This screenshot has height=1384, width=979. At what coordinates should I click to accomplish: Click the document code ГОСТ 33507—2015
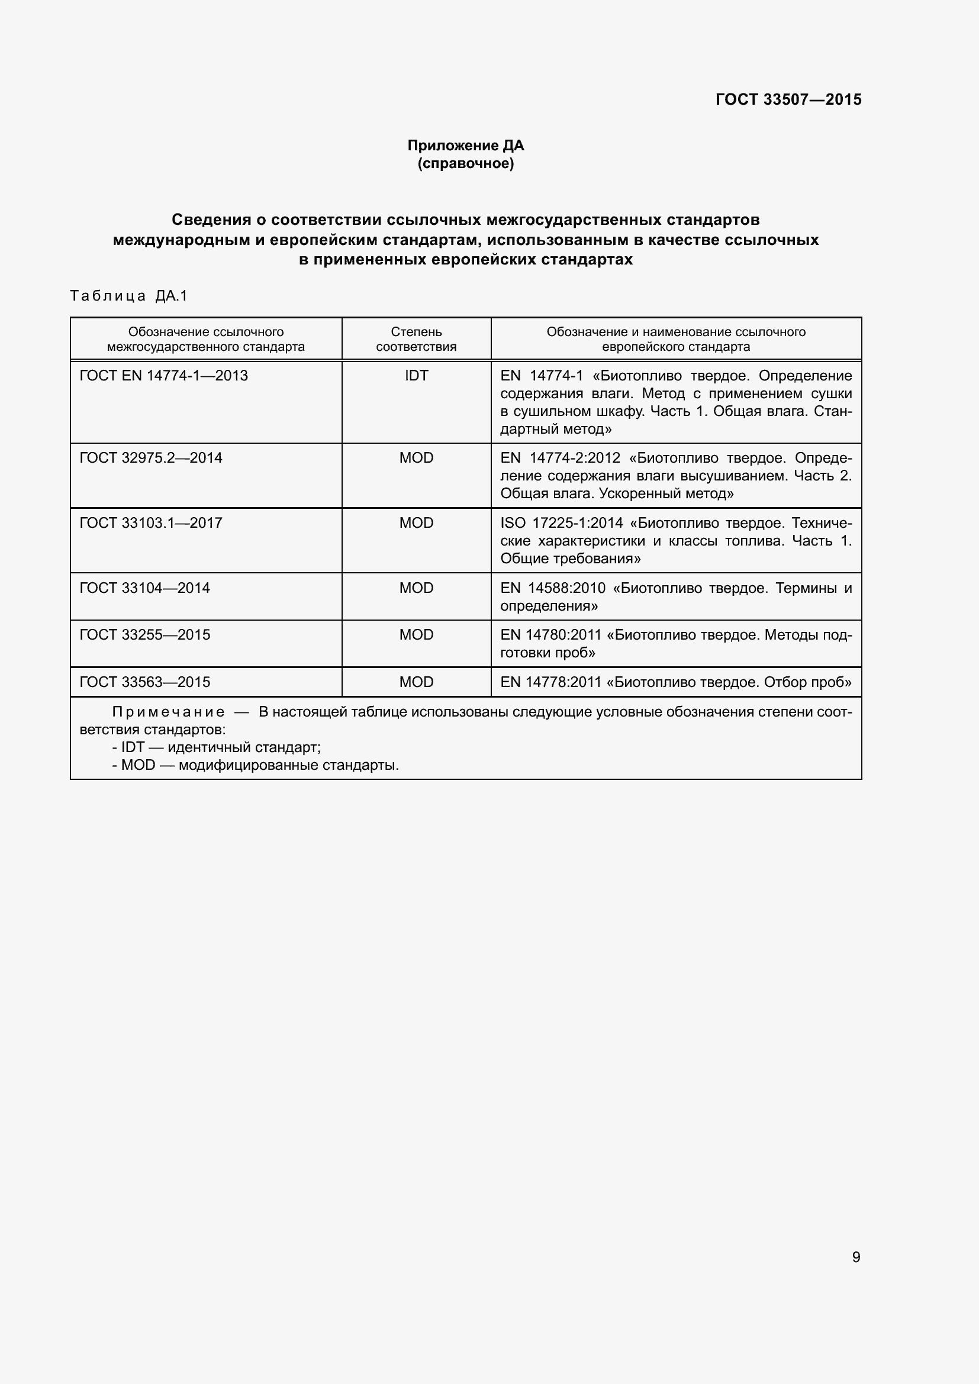(788, 99)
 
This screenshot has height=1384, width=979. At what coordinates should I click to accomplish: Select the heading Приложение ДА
(465, 146)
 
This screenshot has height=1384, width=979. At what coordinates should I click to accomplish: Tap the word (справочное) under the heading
(465, 163)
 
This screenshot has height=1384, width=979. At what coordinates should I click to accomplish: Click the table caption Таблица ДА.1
(129, 295)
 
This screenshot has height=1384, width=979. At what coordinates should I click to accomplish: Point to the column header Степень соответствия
(416, 339)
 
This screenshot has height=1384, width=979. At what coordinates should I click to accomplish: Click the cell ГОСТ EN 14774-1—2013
(163, 376)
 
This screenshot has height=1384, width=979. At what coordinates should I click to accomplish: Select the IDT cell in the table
(416, 376)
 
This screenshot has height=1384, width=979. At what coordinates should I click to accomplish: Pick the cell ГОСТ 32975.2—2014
(151, 457)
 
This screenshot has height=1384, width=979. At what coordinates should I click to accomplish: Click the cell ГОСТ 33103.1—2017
(151, 522)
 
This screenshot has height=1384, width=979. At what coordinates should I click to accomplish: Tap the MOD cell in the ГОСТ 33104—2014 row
(416, 588)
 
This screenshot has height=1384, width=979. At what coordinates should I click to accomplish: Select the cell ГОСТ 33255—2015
(144, 635)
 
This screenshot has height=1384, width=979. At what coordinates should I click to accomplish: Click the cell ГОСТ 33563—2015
(144, 682)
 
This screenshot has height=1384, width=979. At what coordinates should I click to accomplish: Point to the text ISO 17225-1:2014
(561, 522)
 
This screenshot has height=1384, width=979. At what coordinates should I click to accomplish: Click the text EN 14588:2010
(552, 588)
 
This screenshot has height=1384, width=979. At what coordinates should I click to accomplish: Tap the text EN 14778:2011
(550, 682)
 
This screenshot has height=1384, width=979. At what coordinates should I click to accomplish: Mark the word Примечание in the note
(168, 712)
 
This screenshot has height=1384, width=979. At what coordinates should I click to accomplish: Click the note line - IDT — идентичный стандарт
(217, 747)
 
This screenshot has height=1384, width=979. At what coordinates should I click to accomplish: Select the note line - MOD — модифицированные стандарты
(256, 766)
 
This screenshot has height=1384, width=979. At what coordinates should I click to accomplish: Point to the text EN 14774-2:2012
(560, 457)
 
